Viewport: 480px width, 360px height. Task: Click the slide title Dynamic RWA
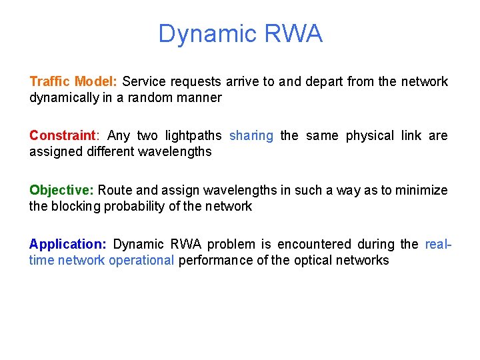240,33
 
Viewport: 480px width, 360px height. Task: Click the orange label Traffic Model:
73,81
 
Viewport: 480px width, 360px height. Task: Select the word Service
145,81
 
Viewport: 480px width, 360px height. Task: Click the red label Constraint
62,135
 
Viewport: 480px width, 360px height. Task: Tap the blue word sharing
251,135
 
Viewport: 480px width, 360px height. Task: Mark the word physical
370,135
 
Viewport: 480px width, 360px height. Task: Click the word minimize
421,190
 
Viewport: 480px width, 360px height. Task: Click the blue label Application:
69,244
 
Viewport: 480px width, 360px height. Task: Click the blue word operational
141,260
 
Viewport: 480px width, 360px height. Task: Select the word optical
317,260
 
